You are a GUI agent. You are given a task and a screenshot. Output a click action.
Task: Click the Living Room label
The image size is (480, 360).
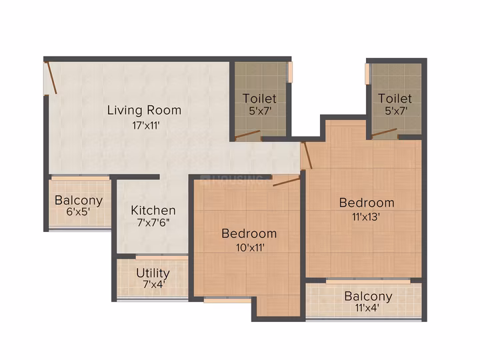coord(144,110)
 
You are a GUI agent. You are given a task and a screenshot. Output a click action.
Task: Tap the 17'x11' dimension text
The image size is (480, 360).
coord(146,125)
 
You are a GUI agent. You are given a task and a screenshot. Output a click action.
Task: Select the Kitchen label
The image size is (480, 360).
coord(153,210)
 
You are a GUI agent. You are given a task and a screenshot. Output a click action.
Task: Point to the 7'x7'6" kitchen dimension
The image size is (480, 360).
coord(153,223)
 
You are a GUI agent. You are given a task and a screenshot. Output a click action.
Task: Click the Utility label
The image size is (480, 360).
coord(153,273)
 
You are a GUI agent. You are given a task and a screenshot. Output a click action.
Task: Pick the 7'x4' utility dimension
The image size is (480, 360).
coord(154,285)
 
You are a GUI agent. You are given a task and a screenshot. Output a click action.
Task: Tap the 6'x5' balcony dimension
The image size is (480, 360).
coord(78,211)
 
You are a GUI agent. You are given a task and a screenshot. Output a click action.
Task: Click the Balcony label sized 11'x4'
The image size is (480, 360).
coord(368,296)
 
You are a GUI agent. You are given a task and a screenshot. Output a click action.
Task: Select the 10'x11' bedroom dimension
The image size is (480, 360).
coord(250,247)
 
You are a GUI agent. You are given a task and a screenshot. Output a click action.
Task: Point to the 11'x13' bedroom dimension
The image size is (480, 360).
coord(366,217)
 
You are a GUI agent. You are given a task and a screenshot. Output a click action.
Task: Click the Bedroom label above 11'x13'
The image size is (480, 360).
coord(367,203)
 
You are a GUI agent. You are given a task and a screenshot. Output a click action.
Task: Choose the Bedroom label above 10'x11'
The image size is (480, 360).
coord(249,233)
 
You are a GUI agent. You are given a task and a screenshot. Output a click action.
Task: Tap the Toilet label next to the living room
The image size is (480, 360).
coord(259,99)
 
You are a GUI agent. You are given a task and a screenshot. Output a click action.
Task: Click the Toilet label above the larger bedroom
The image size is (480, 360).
coord(395,99)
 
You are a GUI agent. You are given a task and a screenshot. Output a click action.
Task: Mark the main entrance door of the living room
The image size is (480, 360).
coord(51,78)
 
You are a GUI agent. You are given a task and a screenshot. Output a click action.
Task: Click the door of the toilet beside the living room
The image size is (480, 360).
coord(247,135)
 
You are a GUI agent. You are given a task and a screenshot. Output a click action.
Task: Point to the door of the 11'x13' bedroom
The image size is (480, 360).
coord(307,155)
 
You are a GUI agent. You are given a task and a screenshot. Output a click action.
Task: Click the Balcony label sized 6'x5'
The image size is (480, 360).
coord(79,200)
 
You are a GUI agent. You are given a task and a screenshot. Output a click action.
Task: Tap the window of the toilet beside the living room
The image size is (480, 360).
coord(289,72)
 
